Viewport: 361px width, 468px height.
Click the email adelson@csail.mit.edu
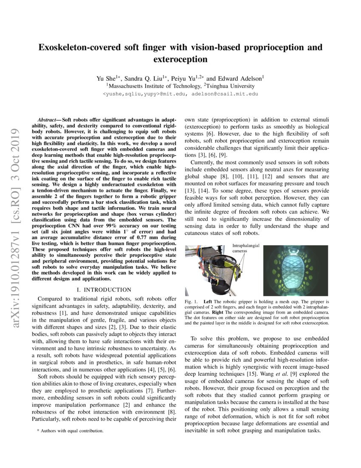click(224, 94)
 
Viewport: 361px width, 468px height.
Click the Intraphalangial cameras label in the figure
click(246, 248)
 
